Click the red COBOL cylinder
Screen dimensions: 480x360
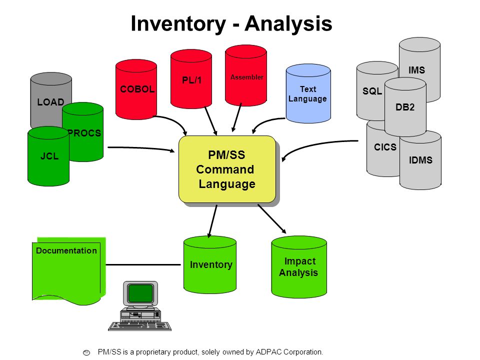(136, 89)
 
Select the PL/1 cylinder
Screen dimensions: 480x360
(191, 79)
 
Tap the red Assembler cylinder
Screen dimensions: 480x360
(246, 75)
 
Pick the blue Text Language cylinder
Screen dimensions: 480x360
(308, 93)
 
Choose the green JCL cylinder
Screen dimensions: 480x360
(48, 156)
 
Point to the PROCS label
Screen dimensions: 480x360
(84, 133)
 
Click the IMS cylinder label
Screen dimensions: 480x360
(416, 70)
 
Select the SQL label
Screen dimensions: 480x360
(372, 91)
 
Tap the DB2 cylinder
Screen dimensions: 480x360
(405, 107)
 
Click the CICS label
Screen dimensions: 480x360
(385, 147)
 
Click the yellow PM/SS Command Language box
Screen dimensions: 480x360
(227, 169)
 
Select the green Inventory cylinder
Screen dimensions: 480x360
(210, 264)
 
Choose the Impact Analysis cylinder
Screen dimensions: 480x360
(299, 266)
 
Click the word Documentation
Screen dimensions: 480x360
(66, 250)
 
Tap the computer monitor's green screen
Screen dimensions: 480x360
(140, 293)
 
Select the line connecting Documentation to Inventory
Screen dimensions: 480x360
(143, 264)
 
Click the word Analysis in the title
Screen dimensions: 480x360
(288, 23)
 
